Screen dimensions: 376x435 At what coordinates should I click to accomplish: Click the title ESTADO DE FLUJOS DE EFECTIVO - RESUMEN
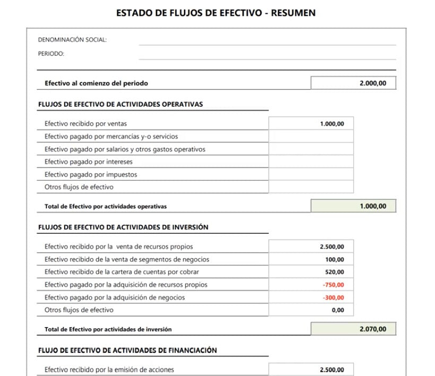(x=216, y=13)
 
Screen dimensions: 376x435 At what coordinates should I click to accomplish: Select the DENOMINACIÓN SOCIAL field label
(x=72, y=40)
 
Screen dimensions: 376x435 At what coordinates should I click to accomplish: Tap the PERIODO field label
(x=51, y=54)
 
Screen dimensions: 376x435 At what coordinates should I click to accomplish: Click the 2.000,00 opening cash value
(x=372, y=83)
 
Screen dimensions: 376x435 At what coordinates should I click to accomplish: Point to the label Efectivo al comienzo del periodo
(x=96, y=83)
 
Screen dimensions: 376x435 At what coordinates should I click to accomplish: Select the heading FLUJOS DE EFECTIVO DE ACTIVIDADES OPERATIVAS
(x=120, y=104)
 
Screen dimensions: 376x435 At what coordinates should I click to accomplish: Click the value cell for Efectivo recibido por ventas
(x=332, y=124)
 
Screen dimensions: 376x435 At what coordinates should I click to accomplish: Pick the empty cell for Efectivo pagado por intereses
(x=311, y=162)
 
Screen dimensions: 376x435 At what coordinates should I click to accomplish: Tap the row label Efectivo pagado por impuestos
(x=91, y=174)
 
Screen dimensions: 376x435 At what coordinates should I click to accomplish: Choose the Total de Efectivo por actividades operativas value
(x=372, y=206)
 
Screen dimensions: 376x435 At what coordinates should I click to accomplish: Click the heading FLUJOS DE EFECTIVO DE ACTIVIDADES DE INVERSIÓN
(x=123, y=227)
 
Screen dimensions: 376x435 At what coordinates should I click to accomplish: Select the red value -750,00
(x=333, y=285)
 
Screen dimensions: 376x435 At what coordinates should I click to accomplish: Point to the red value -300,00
(x=333, y=298)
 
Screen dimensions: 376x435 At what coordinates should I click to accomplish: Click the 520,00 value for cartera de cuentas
(x=335, y=272)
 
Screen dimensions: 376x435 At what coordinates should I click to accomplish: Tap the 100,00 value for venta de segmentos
(x=335, y=259)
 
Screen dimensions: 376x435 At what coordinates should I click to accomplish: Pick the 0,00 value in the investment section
(x=337, y=310)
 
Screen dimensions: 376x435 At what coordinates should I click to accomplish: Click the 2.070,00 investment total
(x=372, y=329)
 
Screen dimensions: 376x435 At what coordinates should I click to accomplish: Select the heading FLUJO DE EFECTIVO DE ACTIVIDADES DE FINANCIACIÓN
(x=127, y=350)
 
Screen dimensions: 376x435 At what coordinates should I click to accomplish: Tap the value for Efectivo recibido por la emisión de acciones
(x=332, y=370)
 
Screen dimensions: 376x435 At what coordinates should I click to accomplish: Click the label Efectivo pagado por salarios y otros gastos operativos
(x=125, y=149)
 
